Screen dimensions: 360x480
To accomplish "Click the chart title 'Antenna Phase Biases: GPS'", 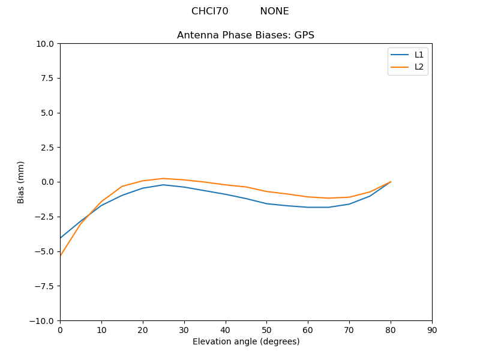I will pos(245,35).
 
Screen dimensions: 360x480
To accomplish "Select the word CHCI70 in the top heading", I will pos(209,11).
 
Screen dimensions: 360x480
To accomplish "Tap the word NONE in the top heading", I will pos(274,11).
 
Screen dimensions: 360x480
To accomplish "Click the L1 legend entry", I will pos(419,55).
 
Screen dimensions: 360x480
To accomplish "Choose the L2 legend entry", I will pos(419,67).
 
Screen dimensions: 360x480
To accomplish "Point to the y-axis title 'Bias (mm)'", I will pos(21,182).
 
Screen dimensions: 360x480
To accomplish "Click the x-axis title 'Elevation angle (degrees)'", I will pos(245,342).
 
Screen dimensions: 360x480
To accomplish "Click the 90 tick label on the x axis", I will pos(432,330).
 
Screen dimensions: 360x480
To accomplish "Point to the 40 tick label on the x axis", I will pos(225,330).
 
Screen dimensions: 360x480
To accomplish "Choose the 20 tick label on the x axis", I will pos(143,330).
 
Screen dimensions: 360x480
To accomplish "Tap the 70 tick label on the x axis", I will pos(349,330).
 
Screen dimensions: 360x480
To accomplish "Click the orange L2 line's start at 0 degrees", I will pos(60,256).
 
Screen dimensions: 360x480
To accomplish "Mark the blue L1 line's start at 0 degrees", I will pos(60,238).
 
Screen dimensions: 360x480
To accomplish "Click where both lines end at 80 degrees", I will pos(391,182).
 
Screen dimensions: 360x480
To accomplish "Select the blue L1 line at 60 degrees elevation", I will pos(308,207).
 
